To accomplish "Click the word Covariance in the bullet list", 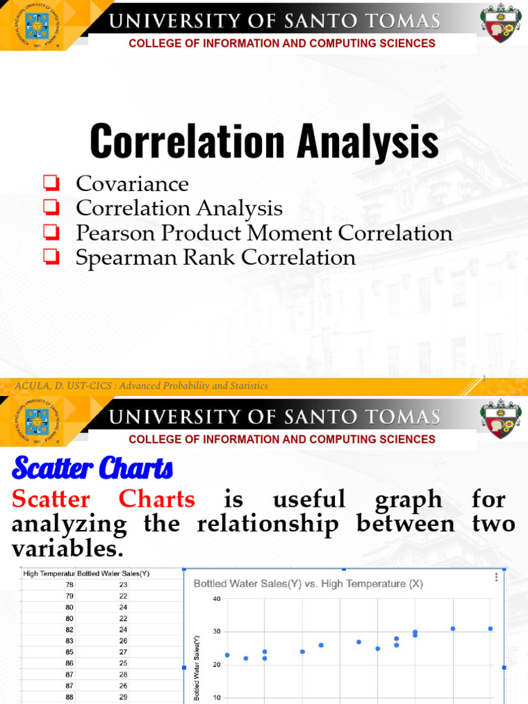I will pyautogui.click(x=132, y=184).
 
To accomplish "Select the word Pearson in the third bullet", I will pyautogui.click(x=114, y=233).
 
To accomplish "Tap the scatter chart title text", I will pyautogui.click(x=308, y=584).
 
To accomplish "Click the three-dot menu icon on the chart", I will pyautogui.click(x=496, y=577).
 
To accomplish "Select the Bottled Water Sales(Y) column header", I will pyautogui.click(x=113, y=573).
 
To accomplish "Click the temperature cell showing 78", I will pyautogui.click(x=69, y=585).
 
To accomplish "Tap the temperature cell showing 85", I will pyautogui.click(x=69, y=651).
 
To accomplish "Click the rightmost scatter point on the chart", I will pyautogui.click(x=490, y=628).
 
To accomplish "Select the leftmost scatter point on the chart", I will pyautogui.click(x=227, y=655).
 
